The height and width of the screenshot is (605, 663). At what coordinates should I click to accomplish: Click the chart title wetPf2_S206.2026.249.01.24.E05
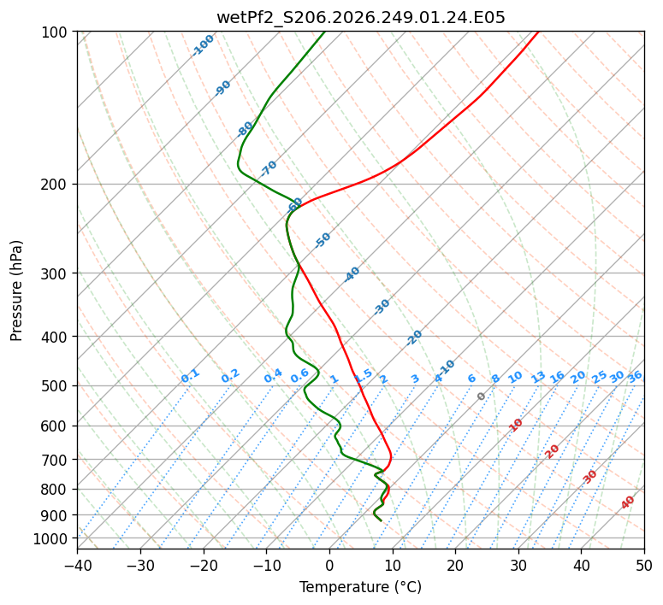(361, 18)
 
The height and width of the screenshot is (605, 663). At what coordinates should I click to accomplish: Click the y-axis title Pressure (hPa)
(16, 291)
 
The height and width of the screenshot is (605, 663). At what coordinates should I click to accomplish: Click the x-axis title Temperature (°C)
(361, 587)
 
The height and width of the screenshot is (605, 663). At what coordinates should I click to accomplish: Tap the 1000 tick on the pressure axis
(56, 539)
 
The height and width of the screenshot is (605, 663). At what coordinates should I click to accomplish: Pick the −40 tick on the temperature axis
(77, 565)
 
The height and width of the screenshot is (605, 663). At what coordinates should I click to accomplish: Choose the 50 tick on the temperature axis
(644, 565)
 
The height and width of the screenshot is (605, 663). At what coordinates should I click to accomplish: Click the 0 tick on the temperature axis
(329, 565)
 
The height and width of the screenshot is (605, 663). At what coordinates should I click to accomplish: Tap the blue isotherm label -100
(203, 45)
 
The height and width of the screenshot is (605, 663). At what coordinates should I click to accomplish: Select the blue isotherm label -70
(268, 168)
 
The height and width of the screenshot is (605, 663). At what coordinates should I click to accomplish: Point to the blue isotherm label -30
(382, 307)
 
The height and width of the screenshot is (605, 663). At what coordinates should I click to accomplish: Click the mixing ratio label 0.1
(190, 376)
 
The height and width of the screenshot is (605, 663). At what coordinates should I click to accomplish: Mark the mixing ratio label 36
(635, 377)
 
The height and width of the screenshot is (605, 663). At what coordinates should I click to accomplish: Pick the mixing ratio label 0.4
(273, 376)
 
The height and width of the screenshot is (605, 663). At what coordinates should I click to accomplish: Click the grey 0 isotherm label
(481, 396)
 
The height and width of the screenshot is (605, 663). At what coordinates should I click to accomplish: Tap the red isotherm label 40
(627, 502)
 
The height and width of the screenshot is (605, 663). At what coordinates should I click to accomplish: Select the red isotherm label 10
(516, 425)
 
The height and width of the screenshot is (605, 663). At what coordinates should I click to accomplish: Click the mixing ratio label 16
(557, 377)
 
